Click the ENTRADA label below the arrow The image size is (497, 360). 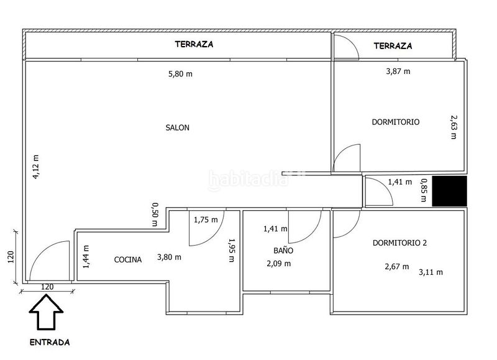[x=50, y=342]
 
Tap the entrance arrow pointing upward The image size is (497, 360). [x=46, y=312]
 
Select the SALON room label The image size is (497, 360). [x=178, y=127]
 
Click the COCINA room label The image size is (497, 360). [x=128, y=259]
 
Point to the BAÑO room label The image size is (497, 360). [x=283, y=250]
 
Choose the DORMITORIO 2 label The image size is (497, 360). [x=399, y=243]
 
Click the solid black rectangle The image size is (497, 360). [x=449, y=192]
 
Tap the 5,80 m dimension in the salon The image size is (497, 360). [x=180, y=74]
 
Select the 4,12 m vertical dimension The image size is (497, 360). [x=36, y=167]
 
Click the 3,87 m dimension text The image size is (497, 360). [x=398, y=72]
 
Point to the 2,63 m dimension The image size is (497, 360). [x=454, y=127]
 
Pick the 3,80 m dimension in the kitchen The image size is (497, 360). [x=169, y=257]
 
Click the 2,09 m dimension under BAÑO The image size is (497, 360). [x=278, y=264]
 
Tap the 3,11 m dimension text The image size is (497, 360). [x=431, y=272]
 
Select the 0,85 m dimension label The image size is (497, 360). [x=424, y=190]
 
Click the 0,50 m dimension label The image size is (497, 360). [x=155, y=215]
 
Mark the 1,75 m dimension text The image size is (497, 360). [x=206, y=219]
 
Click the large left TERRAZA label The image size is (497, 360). [x=194, y=44]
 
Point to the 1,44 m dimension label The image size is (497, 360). [x=86, y=257]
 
